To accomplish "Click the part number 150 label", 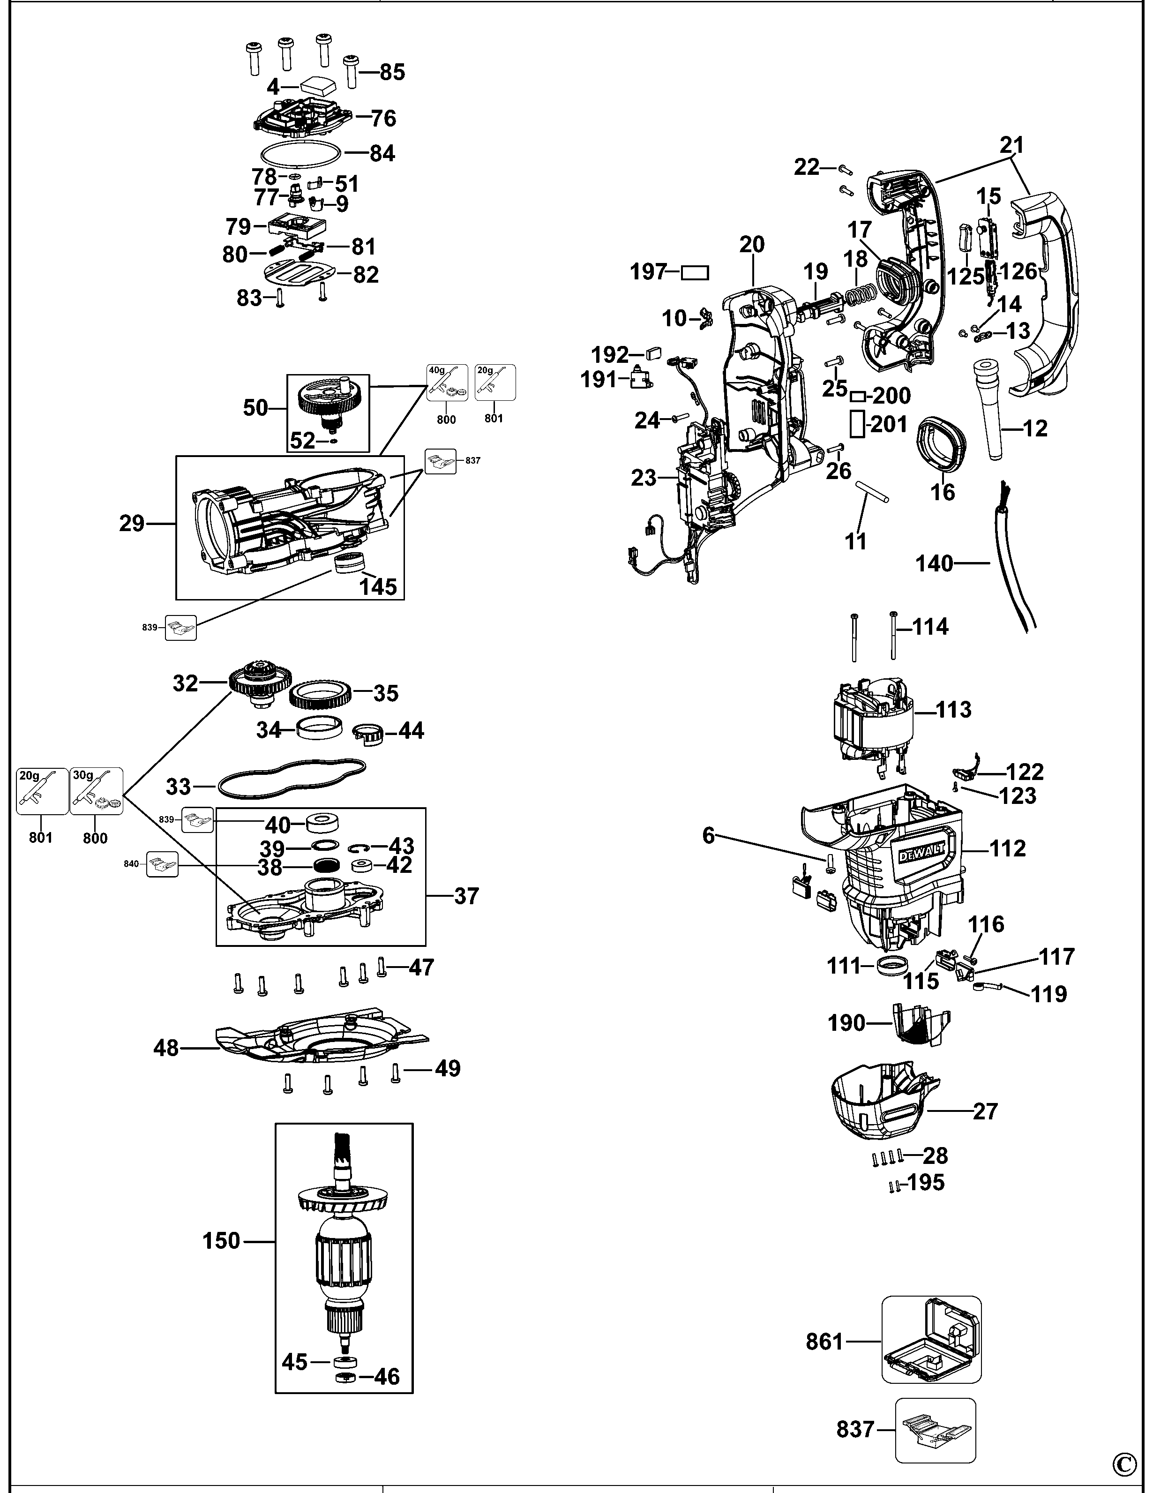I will (x=221, y=1241).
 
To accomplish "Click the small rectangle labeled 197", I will (x=695, y=273).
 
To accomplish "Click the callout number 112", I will (x=1007, y=848).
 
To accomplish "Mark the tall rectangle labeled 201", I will (x=857, y=424).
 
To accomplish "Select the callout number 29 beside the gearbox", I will (x=132, y=524).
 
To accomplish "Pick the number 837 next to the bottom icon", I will (x=855, y=1429).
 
